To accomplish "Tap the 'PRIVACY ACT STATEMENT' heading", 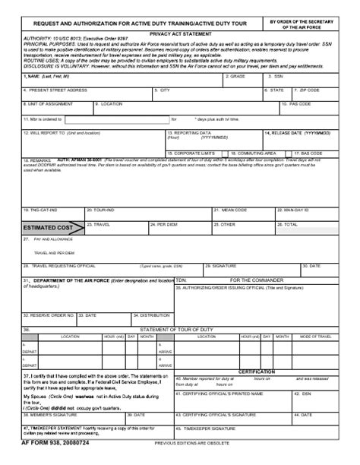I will (x=180, y=35).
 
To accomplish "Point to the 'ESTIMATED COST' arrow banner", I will (x=50, y=227).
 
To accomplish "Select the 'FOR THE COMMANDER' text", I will (x=257, y=280).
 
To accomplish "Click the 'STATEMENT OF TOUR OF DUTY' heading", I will (x=178, y=329).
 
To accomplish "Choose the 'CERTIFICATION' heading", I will (x=257, y=372).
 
